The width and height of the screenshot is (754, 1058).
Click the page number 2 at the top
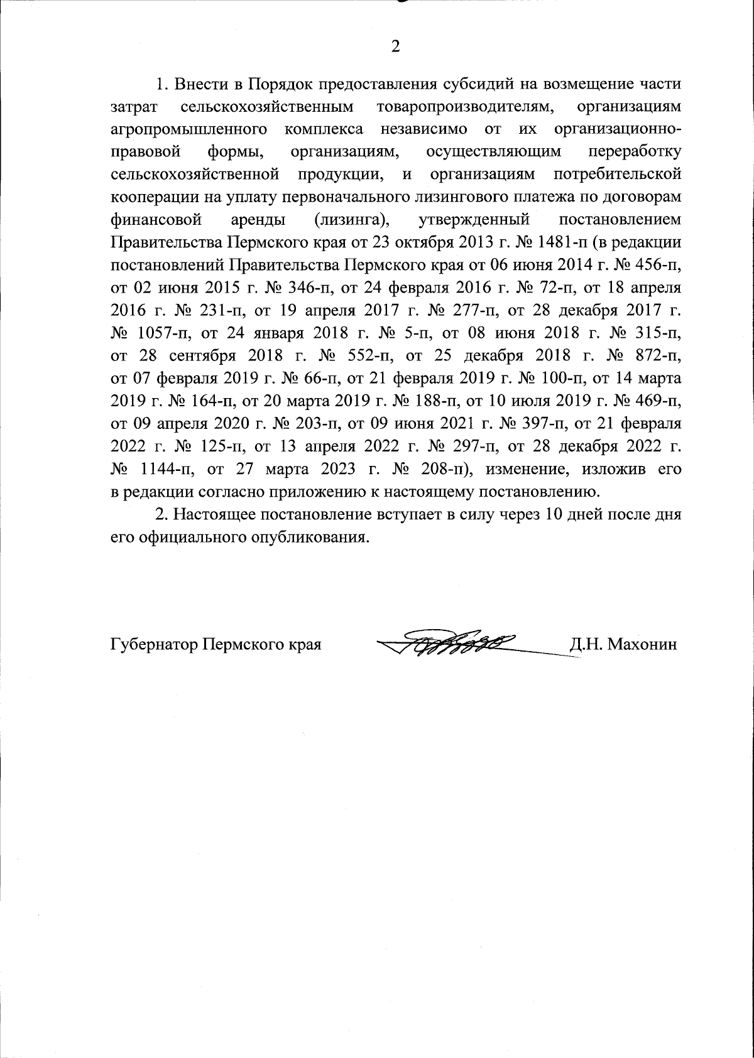coord(395,47)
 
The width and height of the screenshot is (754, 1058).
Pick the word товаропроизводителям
coord(466,107)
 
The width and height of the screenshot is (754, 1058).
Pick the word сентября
coord(202,355)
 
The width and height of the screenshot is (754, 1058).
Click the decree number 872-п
coord(653,355)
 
